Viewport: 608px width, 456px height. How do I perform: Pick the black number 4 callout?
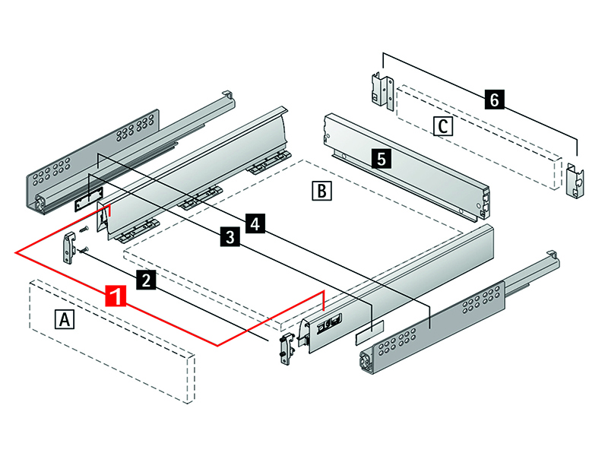coord(255,223)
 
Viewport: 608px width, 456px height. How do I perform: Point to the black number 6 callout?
coord(495,99)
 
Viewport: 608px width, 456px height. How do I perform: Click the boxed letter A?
coord(66,319)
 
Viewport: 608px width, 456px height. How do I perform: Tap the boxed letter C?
coord(442,125)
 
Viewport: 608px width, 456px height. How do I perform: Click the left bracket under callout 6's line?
coord(378,90)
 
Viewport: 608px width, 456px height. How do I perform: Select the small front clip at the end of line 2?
coord(284,349)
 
